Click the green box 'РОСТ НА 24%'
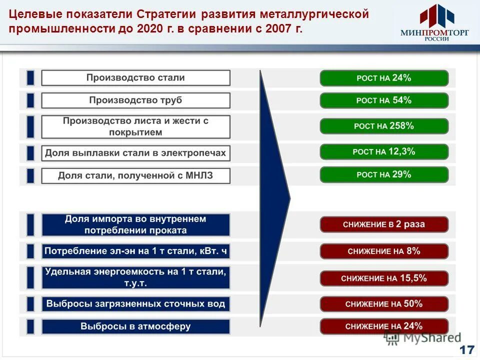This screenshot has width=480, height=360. tap(384, 78)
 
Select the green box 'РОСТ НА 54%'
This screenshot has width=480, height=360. tap(384, 100)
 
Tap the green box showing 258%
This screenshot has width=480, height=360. tap(384, 126)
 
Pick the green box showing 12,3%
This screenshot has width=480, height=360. tap(384, 151)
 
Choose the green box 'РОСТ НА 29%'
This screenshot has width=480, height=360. tap(384, 174)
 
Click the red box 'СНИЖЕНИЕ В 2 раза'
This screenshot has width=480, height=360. tap(384, 224)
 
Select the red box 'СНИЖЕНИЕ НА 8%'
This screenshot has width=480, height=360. tap(384, 251)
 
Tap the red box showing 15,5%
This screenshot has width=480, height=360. tap(384, 278)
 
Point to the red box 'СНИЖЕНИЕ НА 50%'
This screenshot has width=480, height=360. tap(384, 303)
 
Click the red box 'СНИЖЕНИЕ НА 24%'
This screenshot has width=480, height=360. tap(384, 326)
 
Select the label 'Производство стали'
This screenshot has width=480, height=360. tap(135, 78)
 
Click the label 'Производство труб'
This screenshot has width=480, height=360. tap(135, 100)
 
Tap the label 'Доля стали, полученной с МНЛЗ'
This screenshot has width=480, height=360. tap(135, 175)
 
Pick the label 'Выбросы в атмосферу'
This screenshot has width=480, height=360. tap(135, 326)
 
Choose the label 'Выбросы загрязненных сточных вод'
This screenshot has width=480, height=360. tap(135, 303)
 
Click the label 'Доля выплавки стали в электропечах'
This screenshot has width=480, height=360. tap(135, 152)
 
